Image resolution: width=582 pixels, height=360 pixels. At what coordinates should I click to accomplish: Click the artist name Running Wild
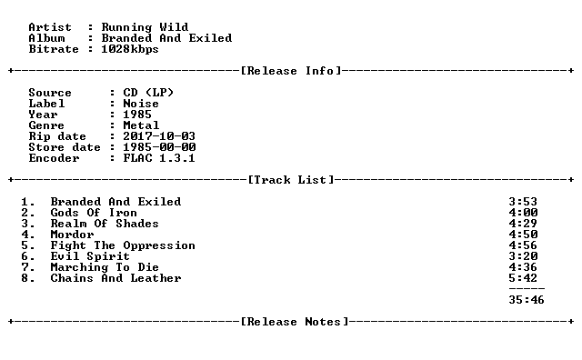point(145,27)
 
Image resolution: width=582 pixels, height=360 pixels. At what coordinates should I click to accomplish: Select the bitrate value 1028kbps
point(130,49)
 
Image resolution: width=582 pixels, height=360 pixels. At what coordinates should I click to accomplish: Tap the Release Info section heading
point(291,71)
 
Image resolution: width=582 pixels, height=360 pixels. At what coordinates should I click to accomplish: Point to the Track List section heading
point(291,180)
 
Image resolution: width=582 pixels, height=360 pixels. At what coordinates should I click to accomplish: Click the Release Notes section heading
point(295,322)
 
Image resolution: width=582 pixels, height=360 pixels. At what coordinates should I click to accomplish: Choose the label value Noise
point(141,104)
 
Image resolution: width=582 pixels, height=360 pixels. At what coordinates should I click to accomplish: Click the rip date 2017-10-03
point(159,136)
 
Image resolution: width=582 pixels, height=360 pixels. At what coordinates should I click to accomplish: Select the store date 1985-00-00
point(160,147)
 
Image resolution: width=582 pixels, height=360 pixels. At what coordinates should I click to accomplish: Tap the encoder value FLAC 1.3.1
point(159,158)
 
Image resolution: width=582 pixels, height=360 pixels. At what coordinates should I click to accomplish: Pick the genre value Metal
point(141,125)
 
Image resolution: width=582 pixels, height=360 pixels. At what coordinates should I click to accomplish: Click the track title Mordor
point(72,235)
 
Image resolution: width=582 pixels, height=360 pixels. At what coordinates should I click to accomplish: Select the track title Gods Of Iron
point(94,213)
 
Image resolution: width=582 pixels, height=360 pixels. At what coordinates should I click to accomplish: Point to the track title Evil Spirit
point(90,256)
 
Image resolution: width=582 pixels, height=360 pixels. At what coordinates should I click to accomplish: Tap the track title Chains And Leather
point(115,278)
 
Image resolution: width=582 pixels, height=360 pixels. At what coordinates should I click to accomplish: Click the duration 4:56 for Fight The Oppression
point(523,245)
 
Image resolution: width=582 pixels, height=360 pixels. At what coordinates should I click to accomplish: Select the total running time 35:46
point(527,300)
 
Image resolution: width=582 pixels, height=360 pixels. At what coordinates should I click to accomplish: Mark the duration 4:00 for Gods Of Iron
point(523,213)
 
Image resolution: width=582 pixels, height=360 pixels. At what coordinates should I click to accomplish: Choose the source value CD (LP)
point(148,93)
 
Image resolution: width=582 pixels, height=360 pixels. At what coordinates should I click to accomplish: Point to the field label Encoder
point(54,158)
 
